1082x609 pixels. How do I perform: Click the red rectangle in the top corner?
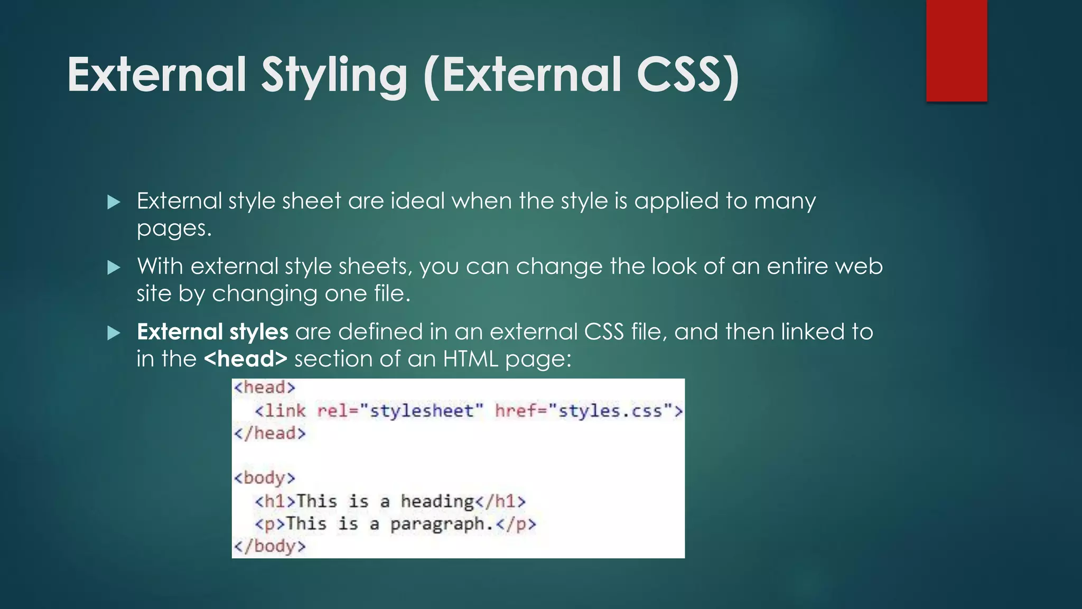[x=956, y=50]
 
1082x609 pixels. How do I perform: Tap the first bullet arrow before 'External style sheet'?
[x=114, y=202]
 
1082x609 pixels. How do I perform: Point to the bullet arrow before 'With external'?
[x=114, y=267]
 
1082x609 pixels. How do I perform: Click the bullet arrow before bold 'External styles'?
[x=114, y=333]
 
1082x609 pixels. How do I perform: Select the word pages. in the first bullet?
[x=174, y=228]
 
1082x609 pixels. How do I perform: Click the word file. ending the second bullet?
[x=392, y=294]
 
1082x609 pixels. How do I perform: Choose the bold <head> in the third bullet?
[x=246, y=359]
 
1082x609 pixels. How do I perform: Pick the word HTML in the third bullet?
[x=471, y=359]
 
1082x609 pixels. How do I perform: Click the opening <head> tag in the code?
[x=264, y=387]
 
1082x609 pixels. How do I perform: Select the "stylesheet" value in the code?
[x=421, y=411]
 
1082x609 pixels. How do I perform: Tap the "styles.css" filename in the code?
[x=610, y=411]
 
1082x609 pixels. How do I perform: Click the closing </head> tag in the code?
[x=270, y=433]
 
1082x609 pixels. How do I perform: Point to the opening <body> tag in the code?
[x=264, y=478]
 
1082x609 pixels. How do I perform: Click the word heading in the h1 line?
[x=437, y=501]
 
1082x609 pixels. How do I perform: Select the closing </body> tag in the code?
[x=270, y=546]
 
